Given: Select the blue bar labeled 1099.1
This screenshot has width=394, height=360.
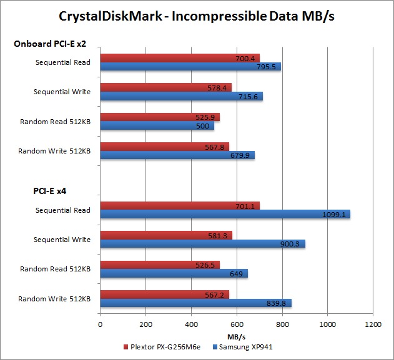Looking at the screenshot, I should (225, 215).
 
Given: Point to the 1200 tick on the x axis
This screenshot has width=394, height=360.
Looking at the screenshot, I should (373, 325).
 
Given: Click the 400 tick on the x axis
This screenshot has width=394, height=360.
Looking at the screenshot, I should (191, 325).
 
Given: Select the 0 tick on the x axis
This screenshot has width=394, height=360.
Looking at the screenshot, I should (100, 325).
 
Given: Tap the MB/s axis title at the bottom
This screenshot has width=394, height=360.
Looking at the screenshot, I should (236, 335).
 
